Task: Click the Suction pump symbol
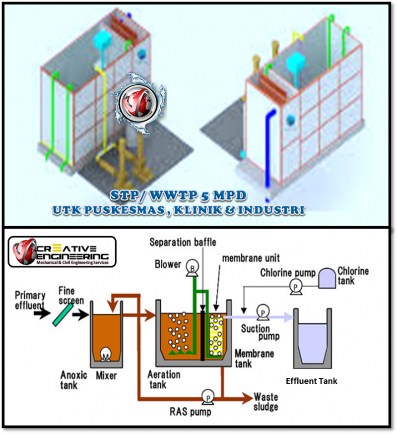tap(261, 312)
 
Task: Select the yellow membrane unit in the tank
tap(215, 335)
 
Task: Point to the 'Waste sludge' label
tap(265, 402)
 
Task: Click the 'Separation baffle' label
tap(183, 243)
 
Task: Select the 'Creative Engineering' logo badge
tap(62, 251)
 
